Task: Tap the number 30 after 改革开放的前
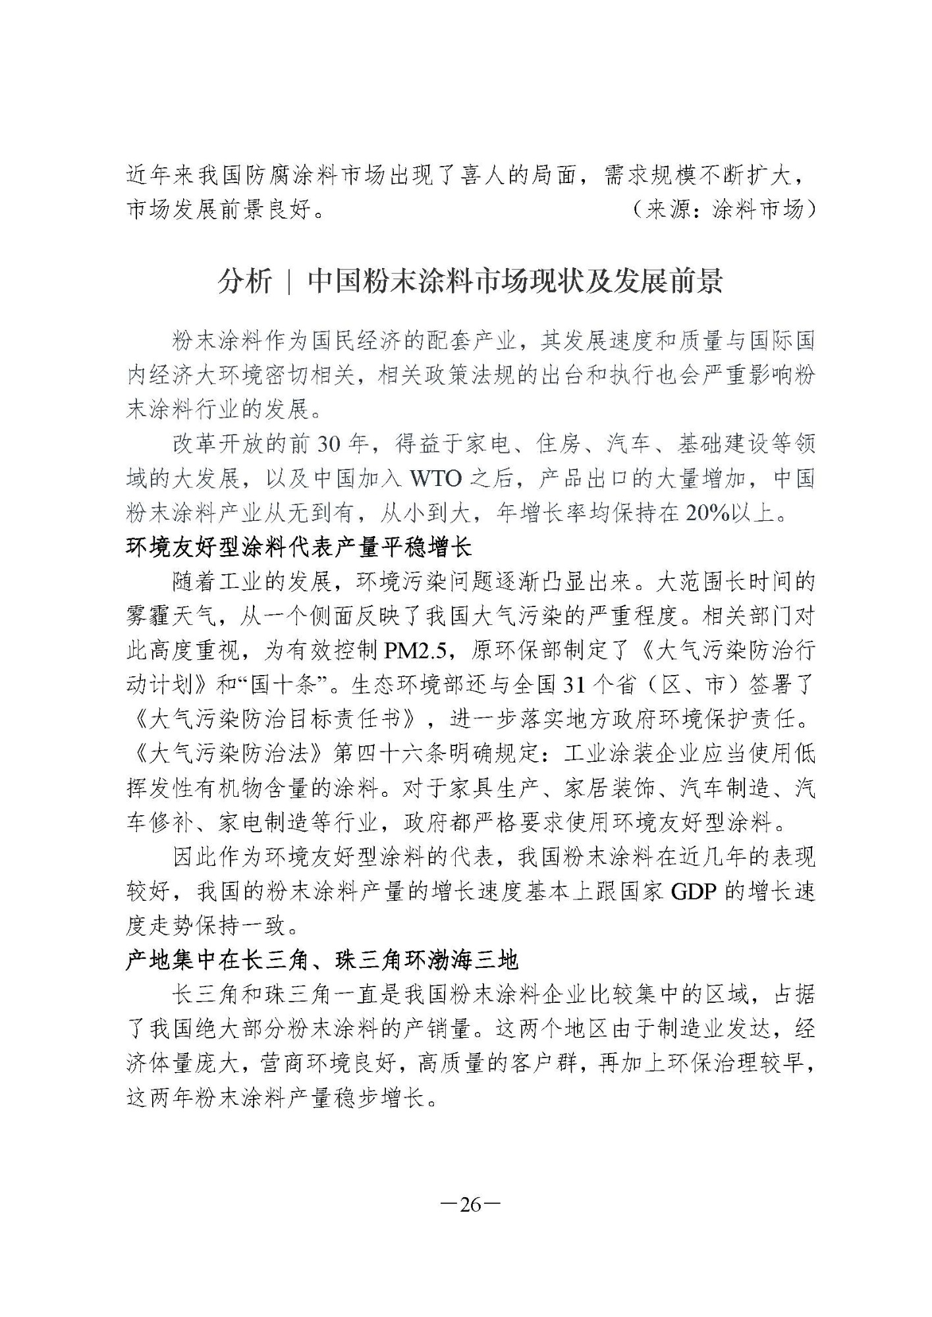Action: point(328,444)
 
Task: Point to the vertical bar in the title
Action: point(290,282)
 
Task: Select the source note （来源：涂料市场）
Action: point(721,210)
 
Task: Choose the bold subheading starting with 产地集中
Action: point(322,961)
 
